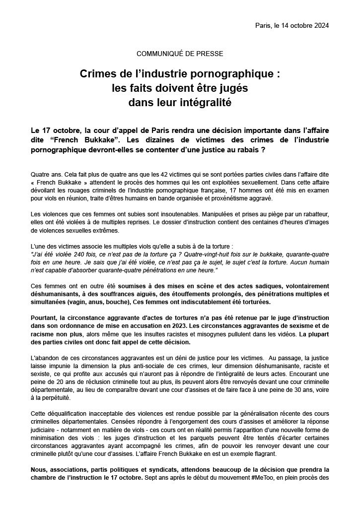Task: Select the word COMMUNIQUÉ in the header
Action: (x=158, y=53)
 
